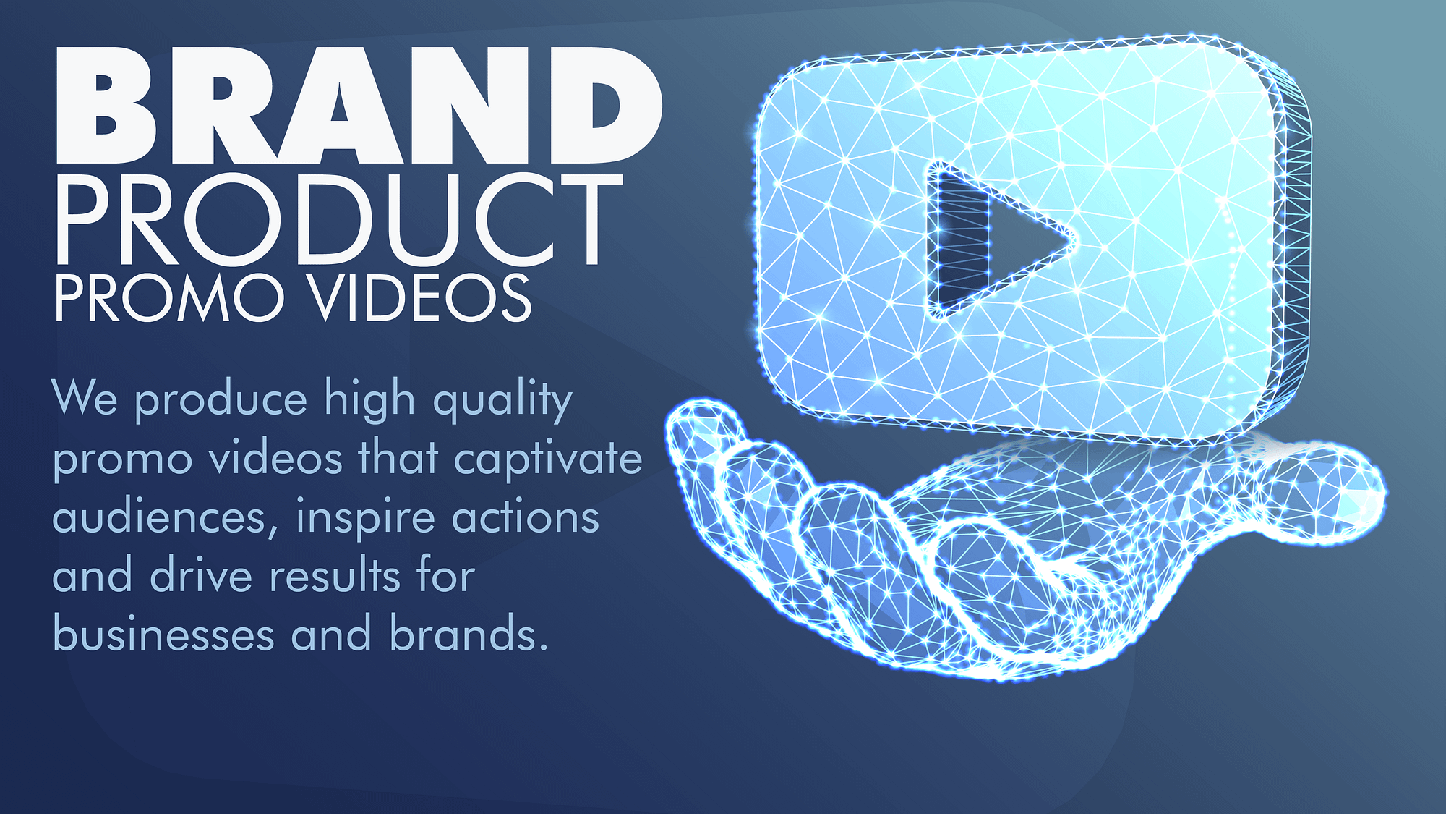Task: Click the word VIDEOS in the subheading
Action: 422,297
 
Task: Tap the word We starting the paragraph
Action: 85,398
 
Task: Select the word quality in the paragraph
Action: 502,401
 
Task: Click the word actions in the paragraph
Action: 526,517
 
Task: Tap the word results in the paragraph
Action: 335,576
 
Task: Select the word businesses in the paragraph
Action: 163,634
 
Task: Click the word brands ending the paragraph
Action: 468,634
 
